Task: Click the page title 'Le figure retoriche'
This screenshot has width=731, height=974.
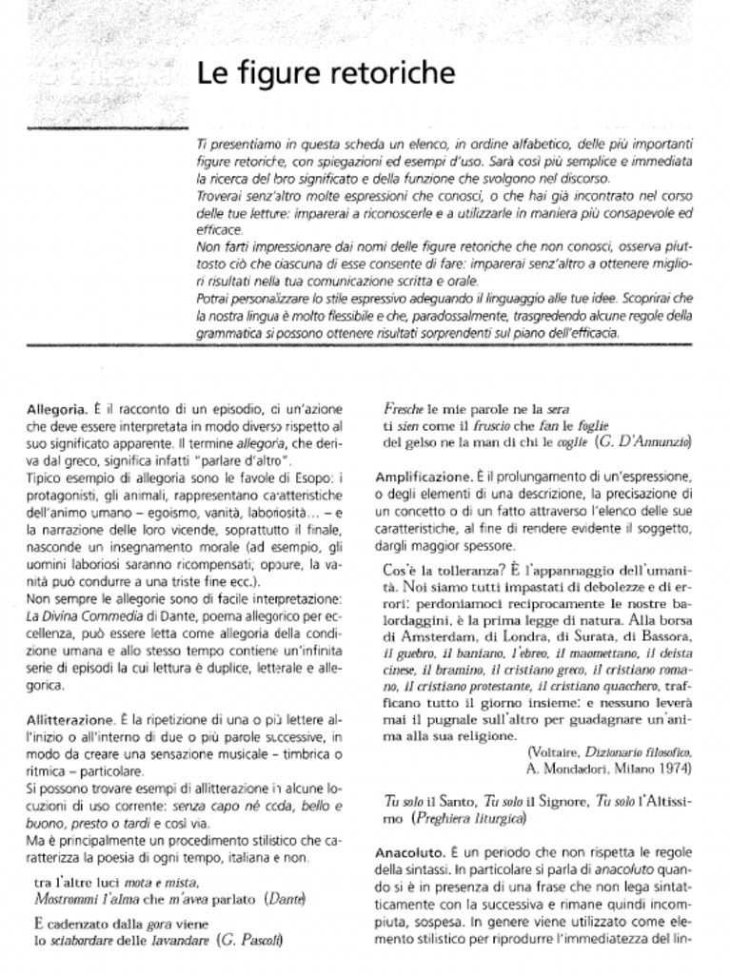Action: [x=326, y=73]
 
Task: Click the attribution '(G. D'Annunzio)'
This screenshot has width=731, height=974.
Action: [x=643, y=443]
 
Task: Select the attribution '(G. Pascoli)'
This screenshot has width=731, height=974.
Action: [x=250, y=940]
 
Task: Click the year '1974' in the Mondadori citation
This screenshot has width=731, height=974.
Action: [x=674, y=767]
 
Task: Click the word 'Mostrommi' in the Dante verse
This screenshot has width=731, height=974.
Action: [x=69, y=897]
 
